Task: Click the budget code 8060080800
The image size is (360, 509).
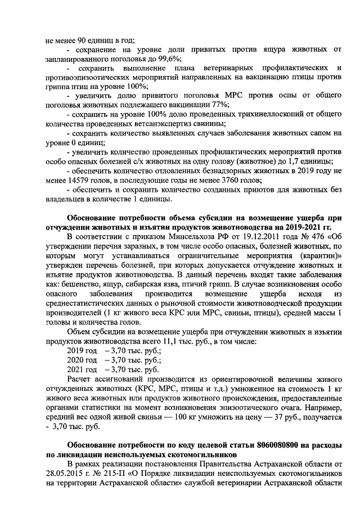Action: click(271, 444)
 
